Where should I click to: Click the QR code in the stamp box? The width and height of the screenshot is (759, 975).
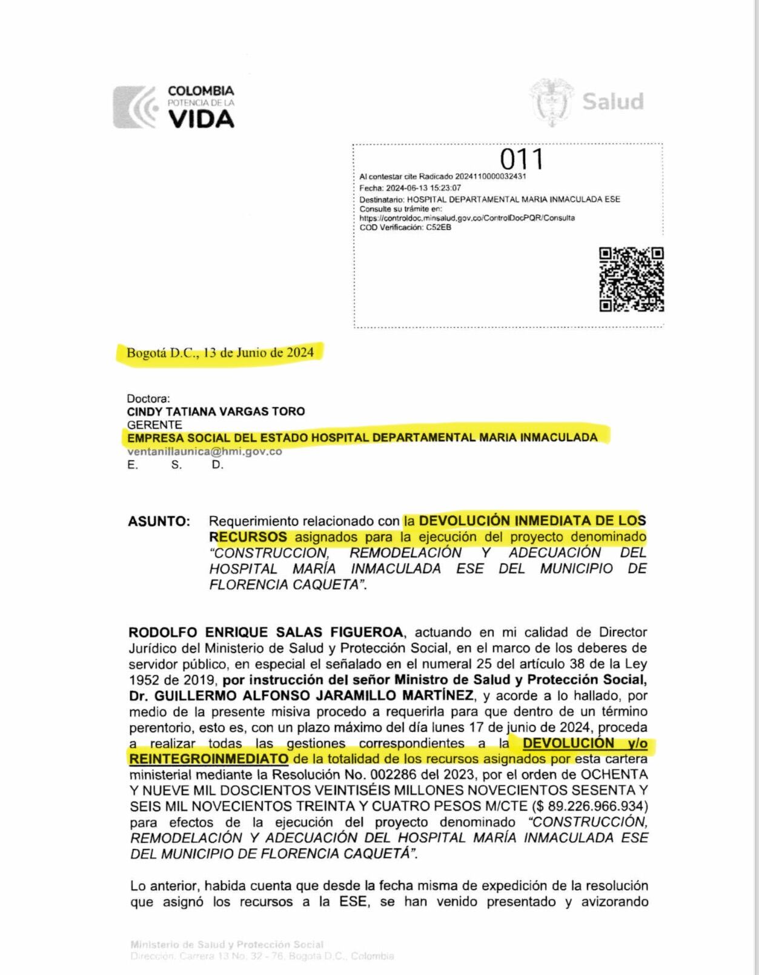tap(631, 279)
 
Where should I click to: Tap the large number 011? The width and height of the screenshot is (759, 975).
tap(522, 159)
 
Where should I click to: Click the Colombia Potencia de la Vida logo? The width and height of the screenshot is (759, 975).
tap(174, 107)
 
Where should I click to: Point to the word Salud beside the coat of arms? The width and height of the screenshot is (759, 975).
tap(612, 101)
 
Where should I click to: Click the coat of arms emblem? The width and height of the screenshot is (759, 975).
tap(551, 102)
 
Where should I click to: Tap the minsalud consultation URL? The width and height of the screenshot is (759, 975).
tap(467, 218)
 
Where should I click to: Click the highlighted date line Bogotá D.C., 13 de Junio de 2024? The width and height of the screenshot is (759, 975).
tap(220, 353)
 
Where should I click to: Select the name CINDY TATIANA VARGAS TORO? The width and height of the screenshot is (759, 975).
tap(216, 411)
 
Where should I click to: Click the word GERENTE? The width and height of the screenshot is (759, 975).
tap(154, 424)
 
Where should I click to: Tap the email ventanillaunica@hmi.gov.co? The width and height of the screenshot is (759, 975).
tap(204, 451)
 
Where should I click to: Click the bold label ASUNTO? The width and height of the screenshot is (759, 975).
tap(159, 521)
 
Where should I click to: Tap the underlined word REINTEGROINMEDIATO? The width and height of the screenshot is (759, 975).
tap(209, 759)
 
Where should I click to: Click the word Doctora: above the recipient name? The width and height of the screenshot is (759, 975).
tap(148, 398)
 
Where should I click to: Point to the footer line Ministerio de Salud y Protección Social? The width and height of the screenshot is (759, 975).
tap(227, 944)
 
